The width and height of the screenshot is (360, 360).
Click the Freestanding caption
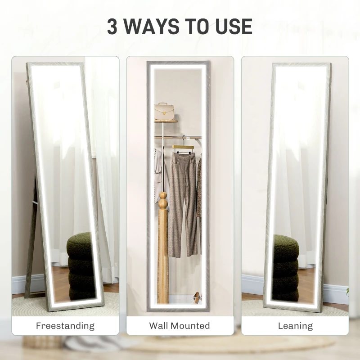(x=65, y=326)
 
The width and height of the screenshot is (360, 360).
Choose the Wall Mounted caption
(x=180, y=326)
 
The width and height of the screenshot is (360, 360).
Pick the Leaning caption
(x=295, y=326)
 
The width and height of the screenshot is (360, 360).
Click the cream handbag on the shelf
(x=164, y=111)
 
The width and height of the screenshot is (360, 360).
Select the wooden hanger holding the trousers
(x=183, y=148)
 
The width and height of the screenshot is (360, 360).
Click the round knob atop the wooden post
(x=163, y=197)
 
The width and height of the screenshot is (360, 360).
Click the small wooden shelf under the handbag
(x=166, y=121)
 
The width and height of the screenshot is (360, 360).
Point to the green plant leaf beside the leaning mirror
(x=347, y=292)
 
